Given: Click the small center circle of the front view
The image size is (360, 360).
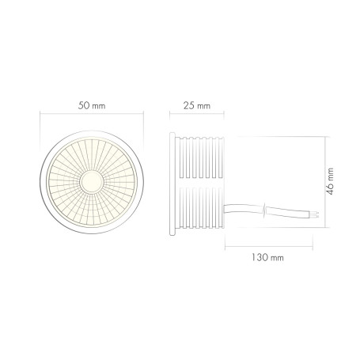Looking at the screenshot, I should pyautogui.click(x=91, y=180).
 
